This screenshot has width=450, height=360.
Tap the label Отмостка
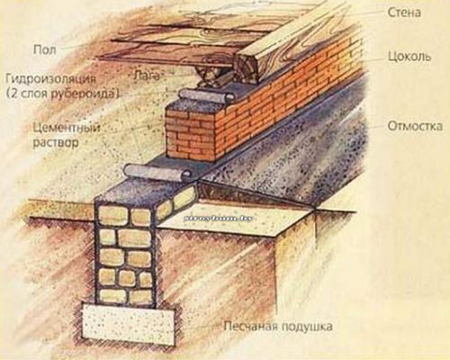coord(413,127)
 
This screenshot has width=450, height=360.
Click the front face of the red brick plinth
coord(193,135)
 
